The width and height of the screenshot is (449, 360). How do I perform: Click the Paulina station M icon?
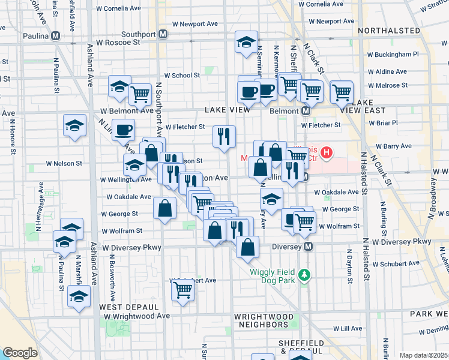click(x=55, y=35)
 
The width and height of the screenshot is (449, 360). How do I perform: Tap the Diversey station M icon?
click(x=309, y=246)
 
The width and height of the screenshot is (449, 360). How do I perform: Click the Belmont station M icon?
click(x=306, y=111)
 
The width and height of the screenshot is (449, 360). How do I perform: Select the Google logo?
click(x=20, y=353)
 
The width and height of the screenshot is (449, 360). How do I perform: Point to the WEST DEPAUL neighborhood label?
click(x=120, y=307)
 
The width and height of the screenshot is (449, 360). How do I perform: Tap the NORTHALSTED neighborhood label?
click(x=388, y=30)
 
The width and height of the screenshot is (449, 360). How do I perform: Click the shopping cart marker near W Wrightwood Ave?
click(x=182, y=291)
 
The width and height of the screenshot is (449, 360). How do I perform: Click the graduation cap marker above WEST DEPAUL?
click(x=79, y=296)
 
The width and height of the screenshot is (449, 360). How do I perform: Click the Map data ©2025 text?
click(x=424, y=355)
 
